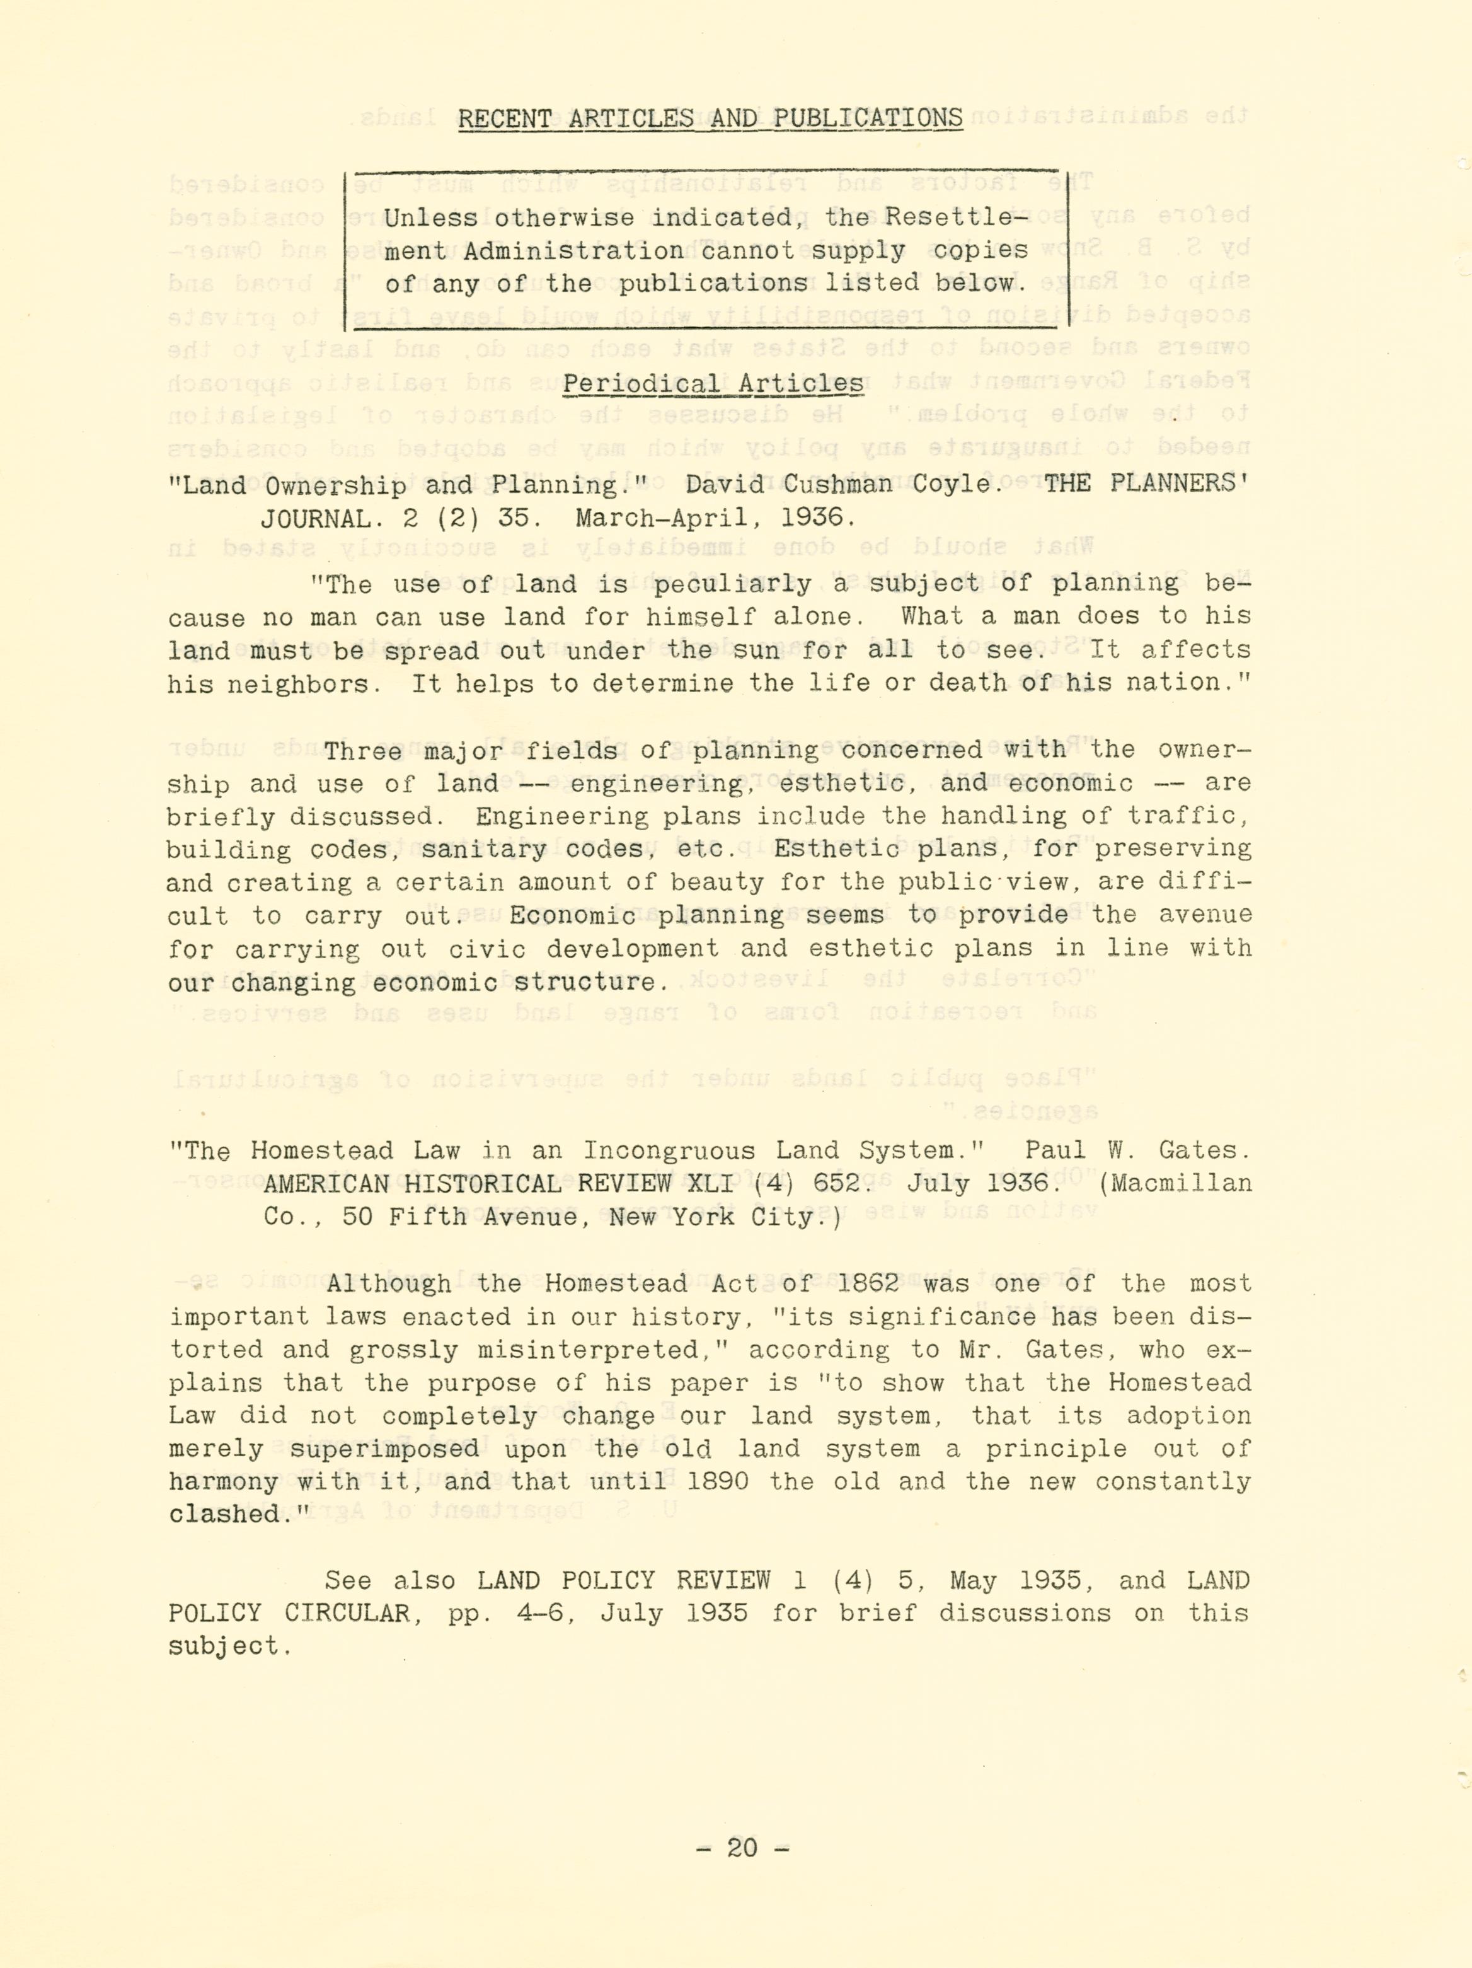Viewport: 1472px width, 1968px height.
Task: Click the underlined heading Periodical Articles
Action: tap(713, 385)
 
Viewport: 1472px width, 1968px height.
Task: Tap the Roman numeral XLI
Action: tap(713, 1184)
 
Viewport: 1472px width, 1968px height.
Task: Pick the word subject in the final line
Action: tap(227, 1647)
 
